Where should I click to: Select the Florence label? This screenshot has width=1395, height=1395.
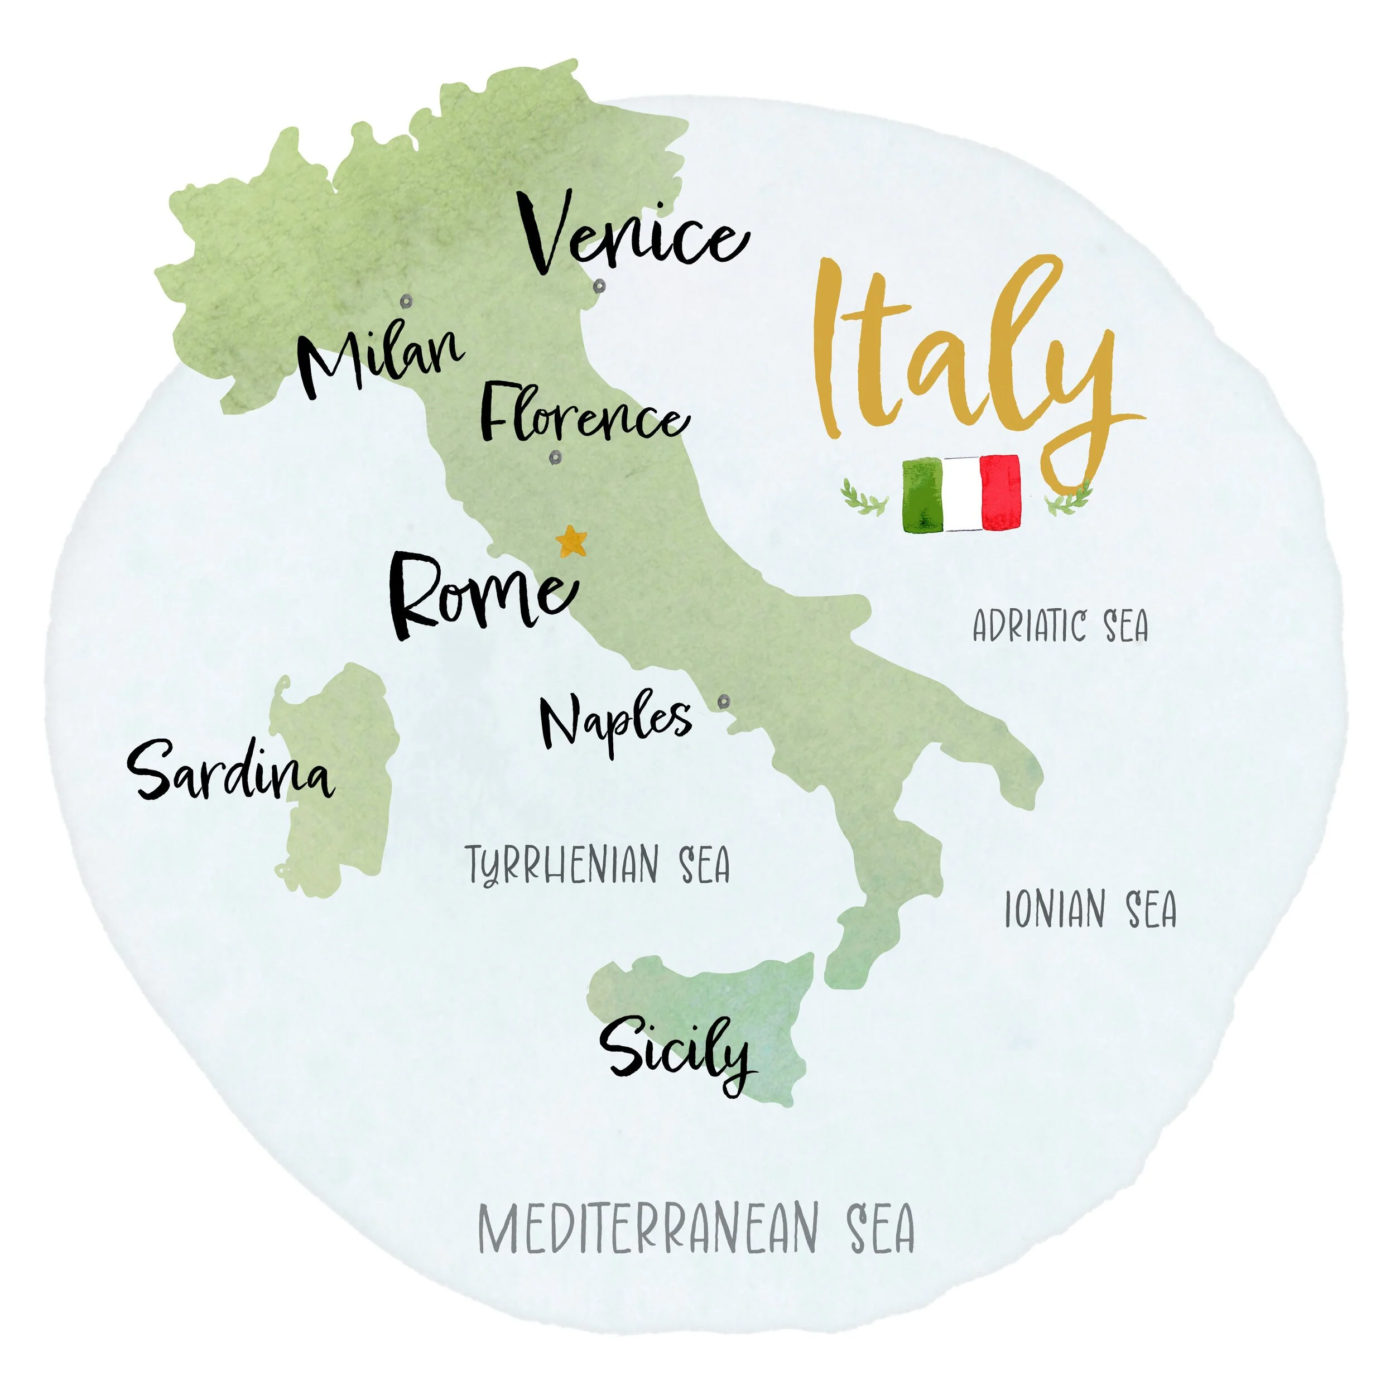584,417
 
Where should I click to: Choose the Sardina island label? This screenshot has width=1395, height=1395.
231,773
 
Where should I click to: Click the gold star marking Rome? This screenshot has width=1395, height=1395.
572,541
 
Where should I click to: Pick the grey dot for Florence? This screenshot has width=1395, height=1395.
555,457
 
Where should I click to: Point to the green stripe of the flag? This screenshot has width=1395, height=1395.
923,494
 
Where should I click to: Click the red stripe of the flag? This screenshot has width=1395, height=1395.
1002,493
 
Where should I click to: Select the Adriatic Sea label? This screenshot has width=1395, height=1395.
1060,626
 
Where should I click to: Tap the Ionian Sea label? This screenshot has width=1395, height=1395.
1090,910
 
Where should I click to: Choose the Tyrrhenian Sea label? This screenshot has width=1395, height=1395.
598,865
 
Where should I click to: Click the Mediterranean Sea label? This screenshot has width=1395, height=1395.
696,1229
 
